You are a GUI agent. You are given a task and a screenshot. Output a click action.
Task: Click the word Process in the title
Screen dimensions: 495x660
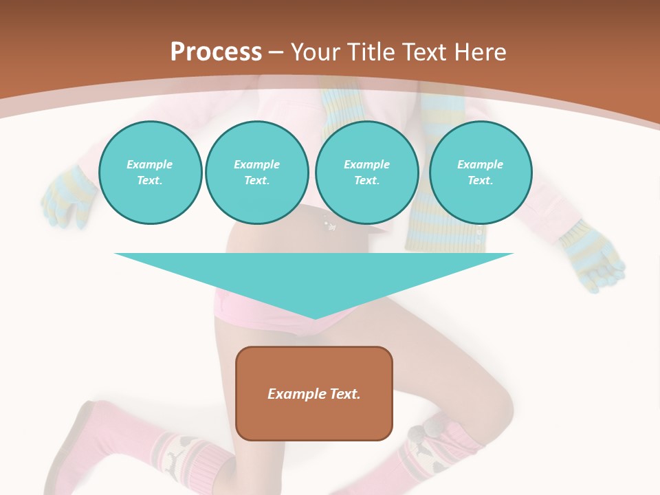pyautogui.click(x=216, y=52)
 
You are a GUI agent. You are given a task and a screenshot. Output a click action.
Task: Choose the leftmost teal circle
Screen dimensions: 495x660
pyautogui.click(x=150, y=173)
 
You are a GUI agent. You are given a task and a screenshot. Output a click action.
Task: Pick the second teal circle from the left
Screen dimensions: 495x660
pyautogui.click(x=256, y=173)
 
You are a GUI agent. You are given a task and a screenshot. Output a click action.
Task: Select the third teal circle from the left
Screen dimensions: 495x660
pyautogui.click(x=366, y=173)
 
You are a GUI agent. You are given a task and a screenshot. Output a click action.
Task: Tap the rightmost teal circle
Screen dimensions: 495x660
pyautogui.click(x=480, y=173)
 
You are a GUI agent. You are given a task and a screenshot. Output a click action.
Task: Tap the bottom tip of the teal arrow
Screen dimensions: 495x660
pyautogui.click(x=315, y=318)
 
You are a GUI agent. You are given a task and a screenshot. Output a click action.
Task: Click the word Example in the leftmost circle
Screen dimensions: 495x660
pyautogui.click(x=150, y=164)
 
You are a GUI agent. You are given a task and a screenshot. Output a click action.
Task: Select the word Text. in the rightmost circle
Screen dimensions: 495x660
pyautogui.click(x=480, y=181)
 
